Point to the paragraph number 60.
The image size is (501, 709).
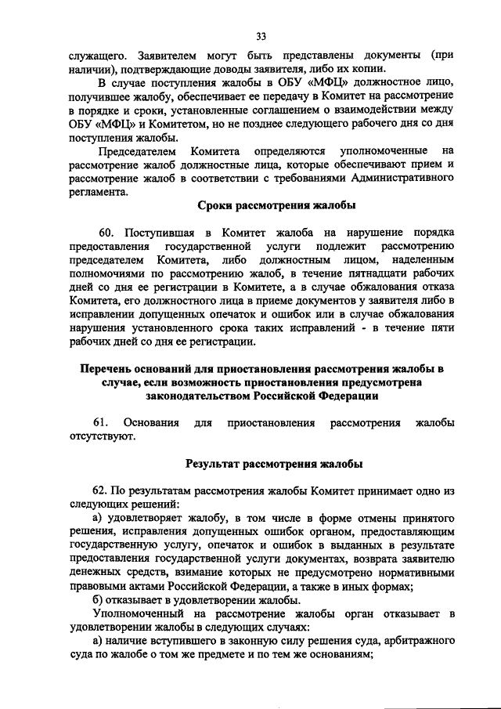click(106, 232)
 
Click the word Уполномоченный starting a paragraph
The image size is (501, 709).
click(139, 613)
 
